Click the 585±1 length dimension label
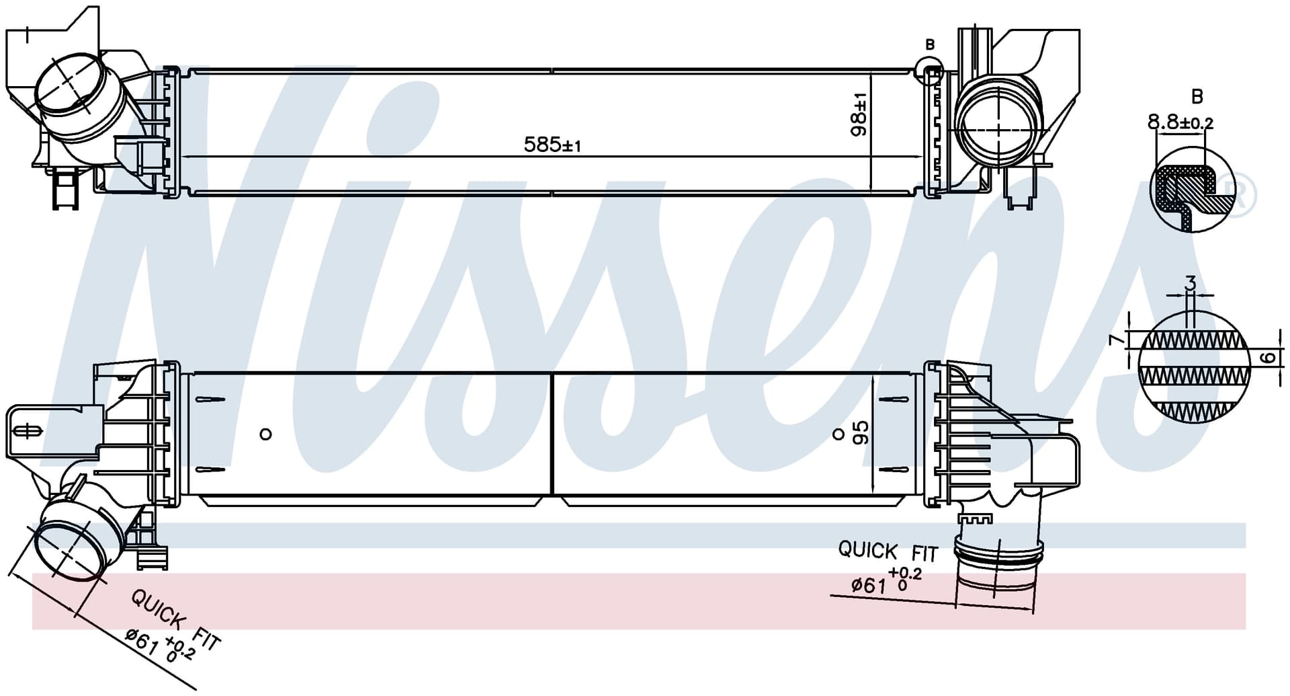[552, 145]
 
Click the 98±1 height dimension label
[859, 115]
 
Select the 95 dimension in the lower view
[861, 432]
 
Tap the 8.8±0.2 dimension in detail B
[1180, 122]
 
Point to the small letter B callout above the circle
[930, 45]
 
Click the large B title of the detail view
[1197, 97]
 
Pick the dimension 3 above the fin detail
[1191, 284]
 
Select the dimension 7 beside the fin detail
[1116, 340]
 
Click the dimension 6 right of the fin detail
[1268, 358]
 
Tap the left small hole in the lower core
[265, 434]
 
